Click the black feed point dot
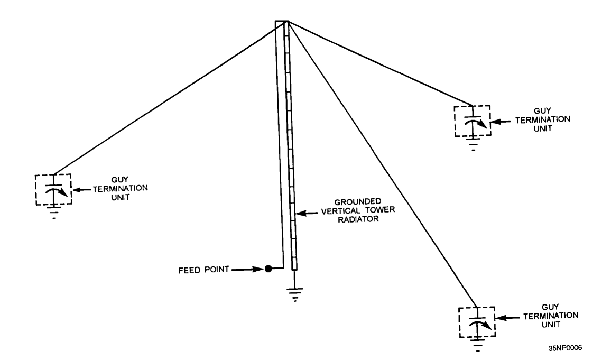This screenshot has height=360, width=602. click(x=268, y=269)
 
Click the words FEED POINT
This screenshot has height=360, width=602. click(x=203, y=270)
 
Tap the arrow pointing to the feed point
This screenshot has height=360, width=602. click(x=248, y=269)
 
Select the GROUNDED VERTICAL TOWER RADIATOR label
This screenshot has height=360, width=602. click(x=357, y=210)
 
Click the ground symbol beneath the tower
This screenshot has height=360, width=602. click(x=294, y=294)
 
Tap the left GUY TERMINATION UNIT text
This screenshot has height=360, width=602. click(x=120, y=188)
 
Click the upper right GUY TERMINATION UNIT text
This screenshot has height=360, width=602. click(x=542, y=119)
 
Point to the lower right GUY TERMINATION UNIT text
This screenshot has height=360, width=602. click(x=551, y=316)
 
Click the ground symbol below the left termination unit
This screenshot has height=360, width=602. click(x=54, y=213)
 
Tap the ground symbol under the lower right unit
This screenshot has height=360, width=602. click(x=478, y=345)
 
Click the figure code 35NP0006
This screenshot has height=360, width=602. click(x=565, y=348)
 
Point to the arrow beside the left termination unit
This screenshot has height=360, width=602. click(x=81, y=189)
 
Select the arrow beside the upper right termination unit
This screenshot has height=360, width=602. click(x=502, y=122)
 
